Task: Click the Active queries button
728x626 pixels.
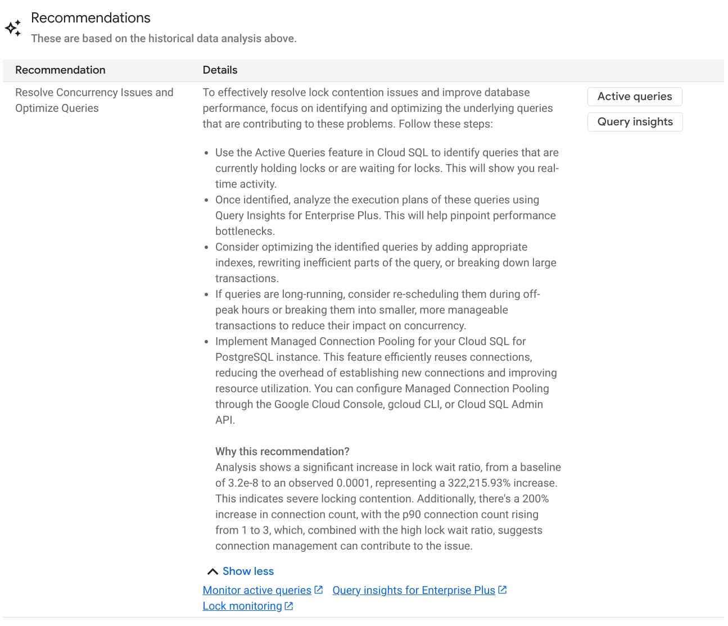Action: coord(635,97)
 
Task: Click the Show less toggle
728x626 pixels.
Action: coord(248,571)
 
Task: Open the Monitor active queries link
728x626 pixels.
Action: coord(257,591)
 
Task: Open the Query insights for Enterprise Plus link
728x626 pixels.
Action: coord(414,591)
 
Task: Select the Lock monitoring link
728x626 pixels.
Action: coord(242,606)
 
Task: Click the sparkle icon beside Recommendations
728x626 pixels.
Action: coord(13,28)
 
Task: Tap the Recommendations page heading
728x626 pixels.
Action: coord(91,18)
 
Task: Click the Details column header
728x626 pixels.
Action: coord(220,70)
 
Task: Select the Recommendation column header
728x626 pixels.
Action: coord(60,70)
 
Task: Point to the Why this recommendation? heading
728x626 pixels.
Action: coord(282,452)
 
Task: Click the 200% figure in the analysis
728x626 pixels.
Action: coord(535,499)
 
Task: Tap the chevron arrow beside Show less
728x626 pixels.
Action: coord(212,572)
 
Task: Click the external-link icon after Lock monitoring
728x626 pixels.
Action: coord(289,606)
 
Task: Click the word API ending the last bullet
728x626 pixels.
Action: coord(224,420)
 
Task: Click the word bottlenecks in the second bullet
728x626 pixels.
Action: coord(244,232)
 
